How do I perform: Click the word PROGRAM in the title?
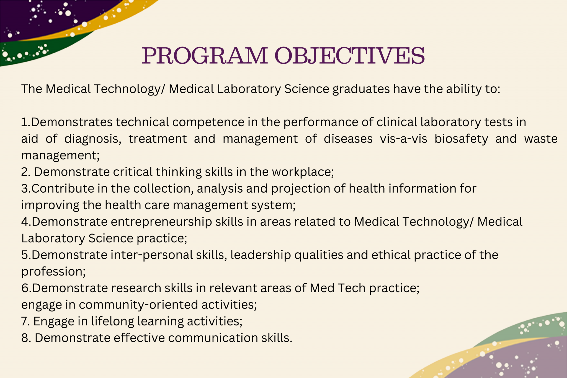coord(205,56)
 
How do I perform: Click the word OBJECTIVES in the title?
coord(350,56)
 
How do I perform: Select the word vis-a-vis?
coord(403,139)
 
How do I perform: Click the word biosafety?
coord(461,139)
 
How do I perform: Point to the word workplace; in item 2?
coord(303,172)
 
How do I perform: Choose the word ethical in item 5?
coord(391,255)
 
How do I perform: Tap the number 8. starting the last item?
coord(26,338)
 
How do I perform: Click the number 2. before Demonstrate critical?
coord(26,172)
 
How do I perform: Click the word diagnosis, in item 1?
coord(93,139)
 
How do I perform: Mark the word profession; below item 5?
coord(53,271)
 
